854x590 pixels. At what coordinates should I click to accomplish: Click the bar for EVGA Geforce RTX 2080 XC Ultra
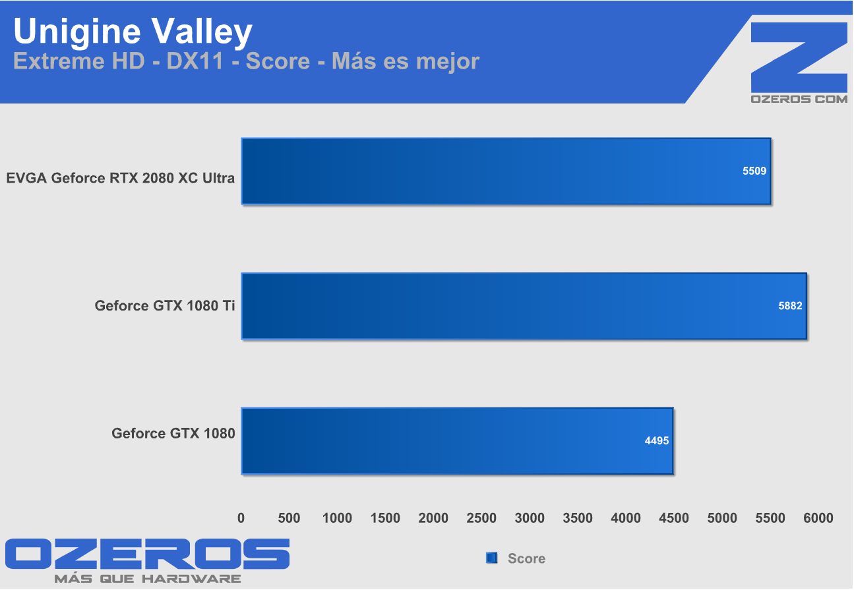[506, 171]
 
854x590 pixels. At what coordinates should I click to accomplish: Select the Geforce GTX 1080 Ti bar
[524, 306]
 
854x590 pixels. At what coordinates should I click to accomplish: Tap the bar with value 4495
[457, 440]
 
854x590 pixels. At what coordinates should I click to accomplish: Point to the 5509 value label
[754, 170]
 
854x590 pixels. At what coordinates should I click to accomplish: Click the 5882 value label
[790, 306]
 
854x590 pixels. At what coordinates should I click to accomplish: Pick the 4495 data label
[656, 440]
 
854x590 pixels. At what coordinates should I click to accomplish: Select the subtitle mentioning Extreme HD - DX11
[246, 61]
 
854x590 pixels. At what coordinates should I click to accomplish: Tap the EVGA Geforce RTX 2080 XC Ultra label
[120, 178]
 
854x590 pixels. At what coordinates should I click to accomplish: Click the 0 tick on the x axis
[241, 518]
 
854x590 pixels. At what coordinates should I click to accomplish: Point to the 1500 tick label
[385, 518]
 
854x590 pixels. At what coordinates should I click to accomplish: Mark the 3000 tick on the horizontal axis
[530, 518]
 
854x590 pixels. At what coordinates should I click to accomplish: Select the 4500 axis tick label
[673, 518]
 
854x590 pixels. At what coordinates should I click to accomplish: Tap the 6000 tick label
[818, 518]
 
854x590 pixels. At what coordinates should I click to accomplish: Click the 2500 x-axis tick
[481, 518]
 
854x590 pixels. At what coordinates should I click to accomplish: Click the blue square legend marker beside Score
[491, 558]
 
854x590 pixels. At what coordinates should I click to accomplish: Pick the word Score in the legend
[526, 558]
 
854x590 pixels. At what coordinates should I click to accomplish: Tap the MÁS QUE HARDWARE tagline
[147, 579]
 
